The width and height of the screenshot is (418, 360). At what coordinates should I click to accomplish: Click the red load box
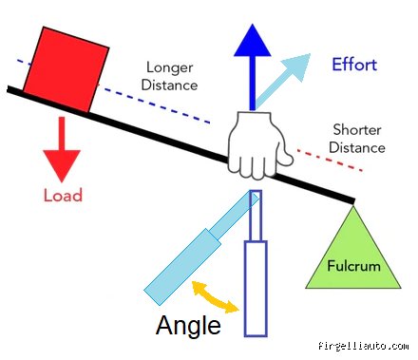(66, 69)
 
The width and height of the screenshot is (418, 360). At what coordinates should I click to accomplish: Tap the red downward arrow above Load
(62, 149)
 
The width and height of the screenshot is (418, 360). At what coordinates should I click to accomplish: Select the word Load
(63, 195)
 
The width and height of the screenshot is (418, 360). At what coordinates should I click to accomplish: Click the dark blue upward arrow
(253, 66)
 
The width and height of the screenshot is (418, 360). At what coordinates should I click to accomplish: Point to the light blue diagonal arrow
(283, 81)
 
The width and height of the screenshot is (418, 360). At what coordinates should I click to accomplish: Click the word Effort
(354, 65)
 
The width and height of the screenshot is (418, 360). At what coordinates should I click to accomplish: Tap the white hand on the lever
(259, 145)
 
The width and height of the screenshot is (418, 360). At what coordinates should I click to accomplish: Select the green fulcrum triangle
(353, 247)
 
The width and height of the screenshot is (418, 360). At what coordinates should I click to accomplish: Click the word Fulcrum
(353, 266)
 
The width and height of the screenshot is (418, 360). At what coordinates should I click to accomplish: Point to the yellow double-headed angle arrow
(216, 296)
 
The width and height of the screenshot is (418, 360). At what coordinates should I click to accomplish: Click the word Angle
(188, 325)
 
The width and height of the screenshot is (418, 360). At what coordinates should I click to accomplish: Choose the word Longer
(170, 67)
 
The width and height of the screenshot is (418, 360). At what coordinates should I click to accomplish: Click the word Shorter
(357, 130)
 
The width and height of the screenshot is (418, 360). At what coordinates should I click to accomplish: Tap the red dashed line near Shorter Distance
(330, 161)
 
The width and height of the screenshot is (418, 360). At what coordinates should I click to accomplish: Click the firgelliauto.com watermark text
(364, 346)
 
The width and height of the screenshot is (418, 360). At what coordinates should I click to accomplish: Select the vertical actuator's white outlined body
(256, 289)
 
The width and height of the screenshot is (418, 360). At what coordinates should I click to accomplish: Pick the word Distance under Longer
(169, 85)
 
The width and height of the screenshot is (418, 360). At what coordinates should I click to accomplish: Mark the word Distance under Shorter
(357, 147)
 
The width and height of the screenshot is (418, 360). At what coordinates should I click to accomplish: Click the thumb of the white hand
(285, 156)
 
